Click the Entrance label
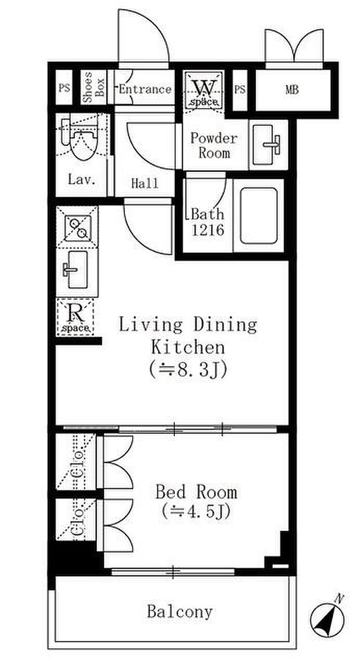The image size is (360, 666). pyautogui.click(x=145, y=89)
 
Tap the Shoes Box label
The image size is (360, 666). pyautogui.click(x=93, y=87)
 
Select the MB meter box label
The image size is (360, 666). pyautogui.click(x=292, y=89)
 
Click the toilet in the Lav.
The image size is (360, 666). pyautogui.click(x=80, y=138)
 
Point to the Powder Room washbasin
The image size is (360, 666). pyautogui.click(x=266, y=145)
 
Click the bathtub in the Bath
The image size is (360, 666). pyautogui.click(x=259, y=216)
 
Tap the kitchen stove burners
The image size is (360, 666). pyautogui.click(x=78, y=228)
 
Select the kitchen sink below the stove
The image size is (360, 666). pyautogui.click(x=76, y=270)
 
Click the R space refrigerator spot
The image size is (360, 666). pyautogui.click(x=76, y=317)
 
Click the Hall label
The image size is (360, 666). pyautogui.click(x=145, y=184)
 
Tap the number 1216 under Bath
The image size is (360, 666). pyautogui.click(x=208, y=230)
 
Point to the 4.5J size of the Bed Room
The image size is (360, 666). pyautogui.click(x=197, y=511)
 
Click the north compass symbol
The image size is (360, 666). pyautogui.click(x=327, y=618)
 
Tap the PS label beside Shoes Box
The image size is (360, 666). pyautogui.click(x=64, y=88)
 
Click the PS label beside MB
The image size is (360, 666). pyautogui.click(x=240, y=89)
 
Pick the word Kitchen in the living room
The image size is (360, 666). pyautogui.click(x=188, y=347)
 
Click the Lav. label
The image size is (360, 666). pyautogui.click(x=82, y=180)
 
